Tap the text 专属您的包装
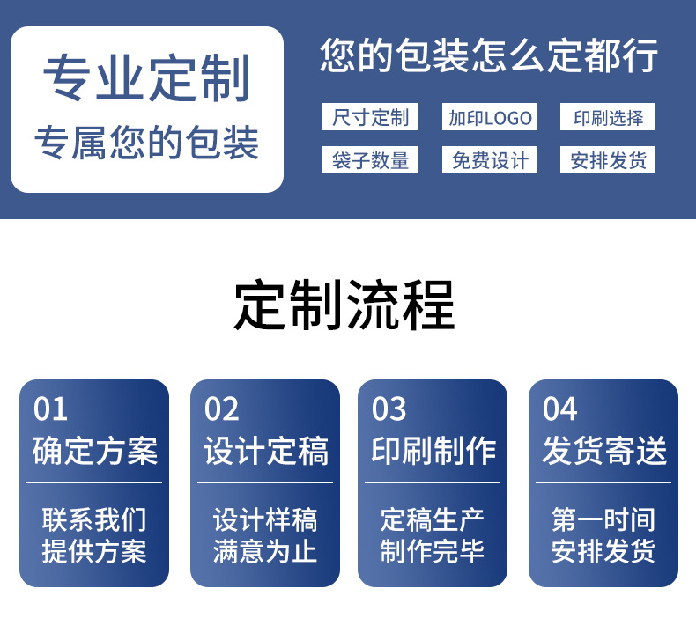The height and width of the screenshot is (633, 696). pos(147,143)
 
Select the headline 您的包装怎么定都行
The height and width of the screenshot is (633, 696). pos(489,55)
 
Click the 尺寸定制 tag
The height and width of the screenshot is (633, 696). pos(370,117)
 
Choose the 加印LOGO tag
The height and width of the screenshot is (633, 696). pos(490,117)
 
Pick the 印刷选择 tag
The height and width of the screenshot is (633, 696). pos(608,117)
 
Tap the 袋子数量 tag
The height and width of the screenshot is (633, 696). pos(370,160)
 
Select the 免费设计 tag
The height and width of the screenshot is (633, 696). pos(490,160)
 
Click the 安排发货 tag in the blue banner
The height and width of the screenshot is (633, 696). pos(608,160)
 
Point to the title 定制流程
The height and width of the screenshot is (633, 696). pos(344,305)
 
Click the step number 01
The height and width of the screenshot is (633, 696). pos(50,409)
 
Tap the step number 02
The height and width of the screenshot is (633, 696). pos(221,409)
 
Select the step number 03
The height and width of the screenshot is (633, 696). pos(389,409)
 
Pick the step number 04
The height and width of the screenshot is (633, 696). pos(559,409)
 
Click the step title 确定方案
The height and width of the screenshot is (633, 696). pos(94,451)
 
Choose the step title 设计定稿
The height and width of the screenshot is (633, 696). pos(265,451)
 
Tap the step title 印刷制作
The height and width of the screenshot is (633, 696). pos(433,451)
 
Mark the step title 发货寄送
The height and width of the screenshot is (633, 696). pos(603,451)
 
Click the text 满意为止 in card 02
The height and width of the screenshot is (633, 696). pos(265,552)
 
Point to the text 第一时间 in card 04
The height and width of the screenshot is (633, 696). pos(603,519)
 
